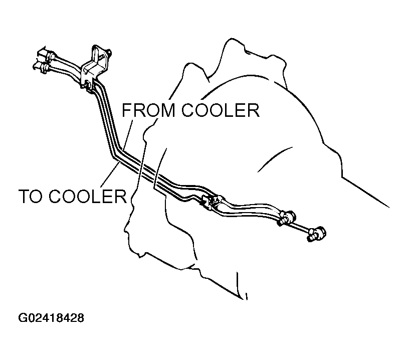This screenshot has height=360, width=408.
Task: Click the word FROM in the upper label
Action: click(x=148, y=110)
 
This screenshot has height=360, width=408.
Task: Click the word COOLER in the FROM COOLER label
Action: click(x=221, y=110)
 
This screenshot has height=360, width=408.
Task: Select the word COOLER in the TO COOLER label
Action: click(x=88, y=196)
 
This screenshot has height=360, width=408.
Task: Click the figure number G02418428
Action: click(x=51, y=318)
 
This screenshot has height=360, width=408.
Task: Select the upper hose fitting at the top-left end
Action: click(x=46, y=55)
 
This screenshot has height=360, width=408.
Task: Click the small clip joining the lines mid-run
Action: click(x=210, y=201)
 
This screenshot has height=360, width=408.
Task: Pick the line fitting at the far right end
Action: click(x=317, y=233)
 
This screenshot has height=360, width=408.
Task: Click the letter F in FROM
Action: click(x=127, y=110)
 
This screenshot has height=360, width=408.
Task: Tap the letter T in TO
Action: click(x=24, y=196)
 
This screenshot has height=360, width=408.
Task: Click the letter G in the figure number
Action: click(x=22, y=318)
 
